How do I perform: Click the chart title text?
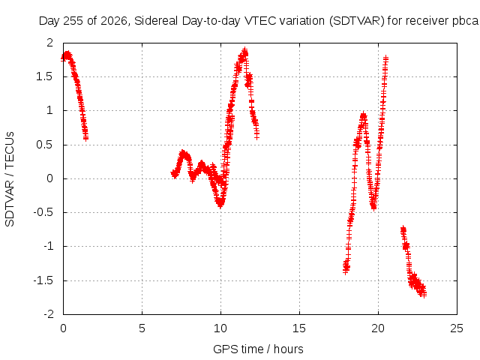259,21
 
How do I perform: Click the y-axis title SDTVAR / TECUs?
10,179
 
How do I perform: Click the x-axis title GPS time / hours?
258,349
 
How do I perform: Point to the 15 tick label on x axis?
299,328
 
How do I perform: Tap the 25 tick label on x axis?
457,328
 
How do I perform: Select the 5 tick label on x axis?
142,328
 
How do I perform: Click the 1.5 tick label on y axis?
44,76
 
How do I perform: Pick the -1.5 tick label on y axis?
43,280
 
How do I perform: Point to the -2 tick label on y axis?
49,314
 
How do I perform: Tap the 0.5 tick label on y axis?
44,145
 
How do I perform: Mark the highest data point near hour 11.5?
244,50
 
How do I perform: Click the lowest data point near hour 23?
424,295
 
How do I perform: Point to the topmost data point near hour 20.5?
385,57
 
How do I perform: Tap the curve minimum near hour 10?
220,205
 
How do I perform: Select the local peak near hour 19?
363,115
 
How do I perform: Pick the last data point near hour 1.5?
86,138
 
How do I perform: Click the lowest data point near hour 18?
346,271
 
